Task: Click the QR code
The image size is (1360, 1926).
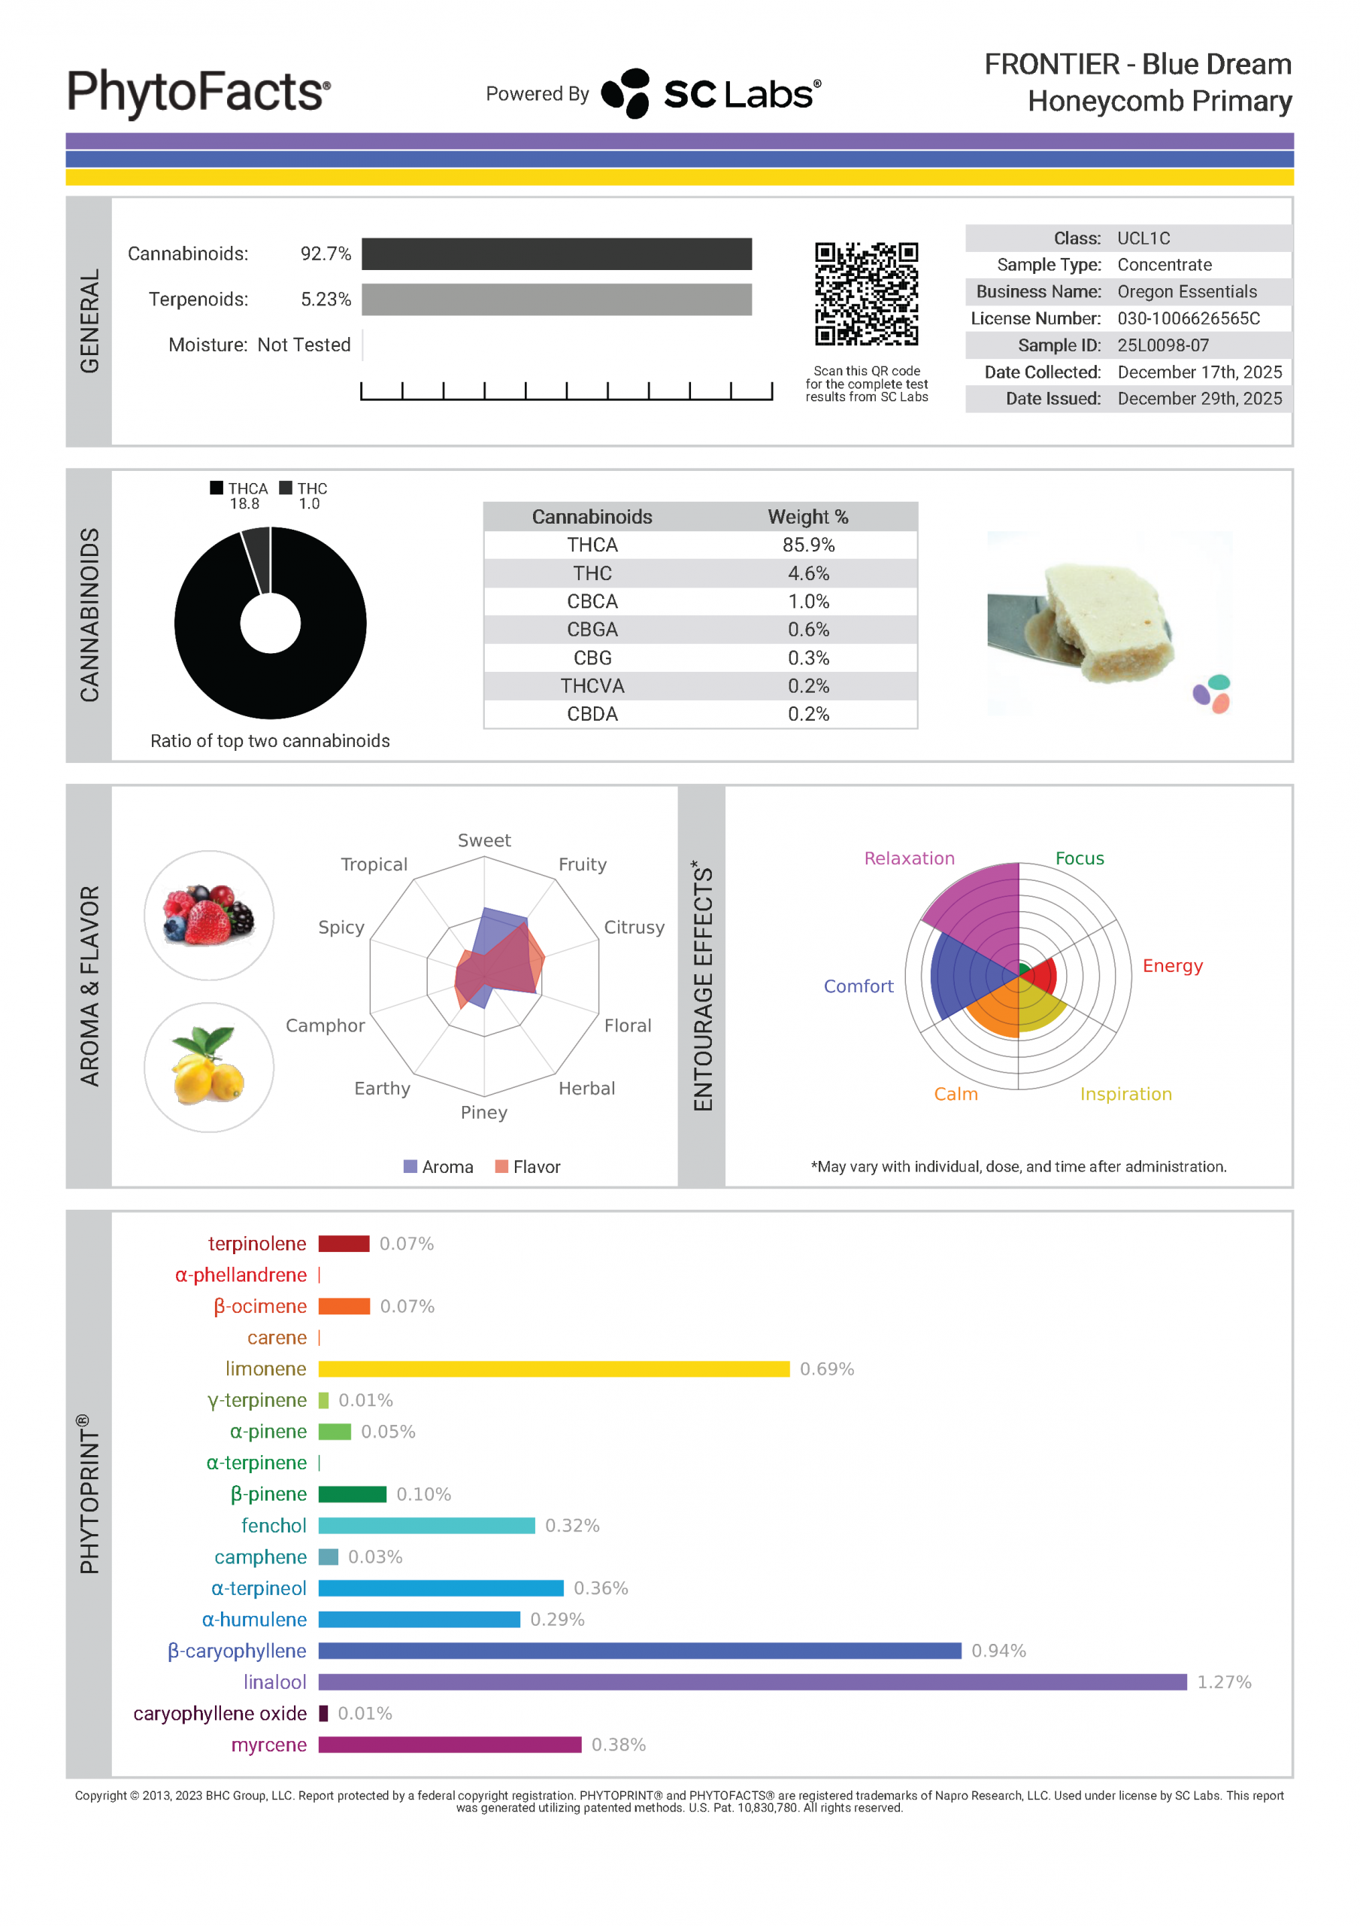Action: [x=866, y=293]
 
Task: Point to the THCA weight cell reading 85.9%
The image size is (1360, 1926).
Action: [x=808, y=545]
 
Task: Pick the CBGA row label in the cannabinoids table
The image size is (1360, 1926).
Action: [x=592, y=629]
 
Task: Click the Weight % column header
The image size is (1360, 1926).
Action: [x=808, y=517]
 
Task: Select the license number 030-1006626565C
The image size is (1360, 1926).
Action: [x=1188, y=318]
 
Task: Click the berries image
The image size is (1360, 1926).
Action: [x=209, y=915]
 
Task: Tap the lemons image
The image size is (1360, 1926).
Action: [x=209, y=1067]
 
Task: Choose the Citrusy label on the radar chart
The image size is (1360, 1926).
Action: [x=634, y=927]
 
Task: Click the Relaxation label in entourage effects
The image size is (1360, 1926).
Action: [x=909, y=858]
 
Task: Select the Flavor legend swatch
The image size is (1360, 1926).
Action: [x=501, y=1166]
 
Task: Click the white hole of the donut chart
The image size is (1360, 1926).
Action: [x=270, y=623]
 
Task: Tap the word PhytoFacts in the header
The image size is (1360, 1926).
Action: [x=198, y=92]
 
